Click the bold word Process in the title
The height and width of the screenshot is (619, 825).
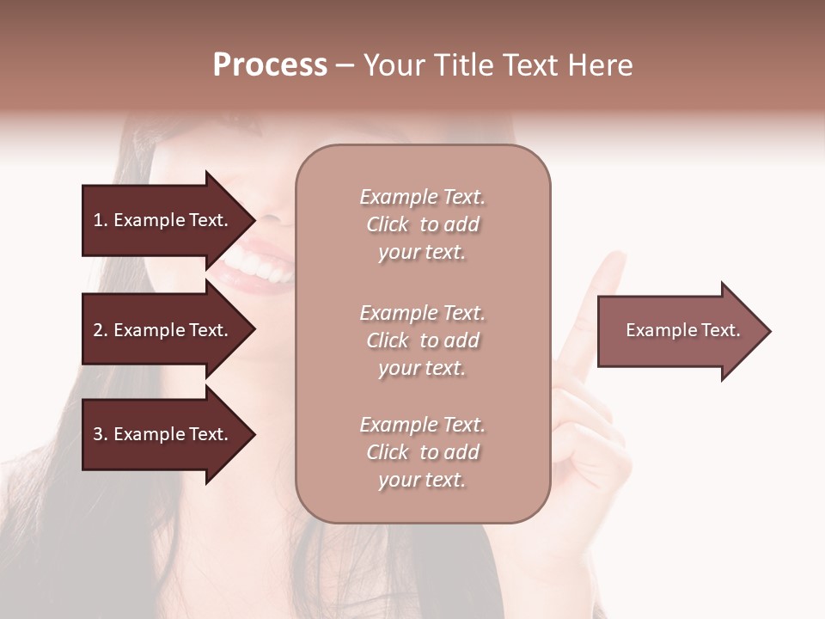tap(270, 65)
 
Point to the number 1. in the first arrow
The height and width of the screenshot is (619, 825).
tap(101, 220)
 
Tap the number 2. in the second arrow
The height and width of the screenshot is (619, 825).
tap(101, 330)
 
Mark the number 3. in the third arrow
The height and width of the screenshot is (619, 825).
tap(101, 434)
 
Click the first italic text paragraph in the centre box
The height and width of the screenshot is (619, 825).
tap(422, 224)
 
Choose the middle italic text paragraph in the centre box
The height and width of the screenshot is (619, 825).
tap(422, 340)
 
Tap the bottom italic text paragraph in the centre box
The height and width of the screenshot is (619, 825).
tap(422, 452)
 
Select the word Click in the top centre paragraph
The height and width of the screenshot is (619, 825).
tap(388, 225)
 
